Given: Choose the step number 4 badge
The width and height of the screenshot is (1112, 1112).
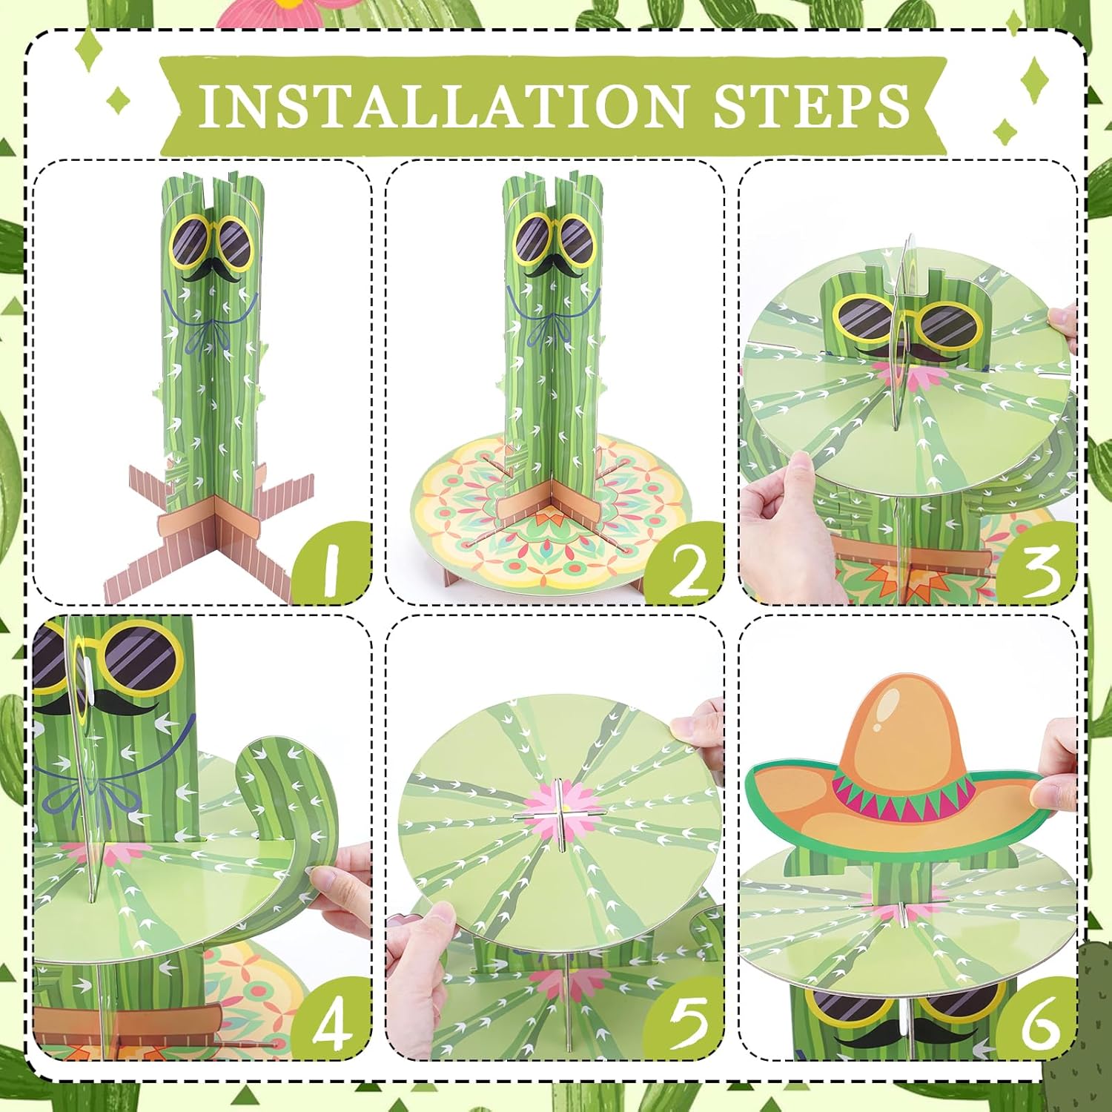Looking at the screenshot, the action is pyautogui.click(x=331, y=1019).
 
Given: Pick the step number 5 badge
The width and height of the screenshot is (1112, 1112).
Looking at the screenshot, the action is pyautogui.click(x=684, y=1019).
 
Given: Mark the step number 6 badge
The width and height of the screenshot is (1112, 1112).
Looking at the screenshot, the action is pyautogui.click(x=1038, y=1019).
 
